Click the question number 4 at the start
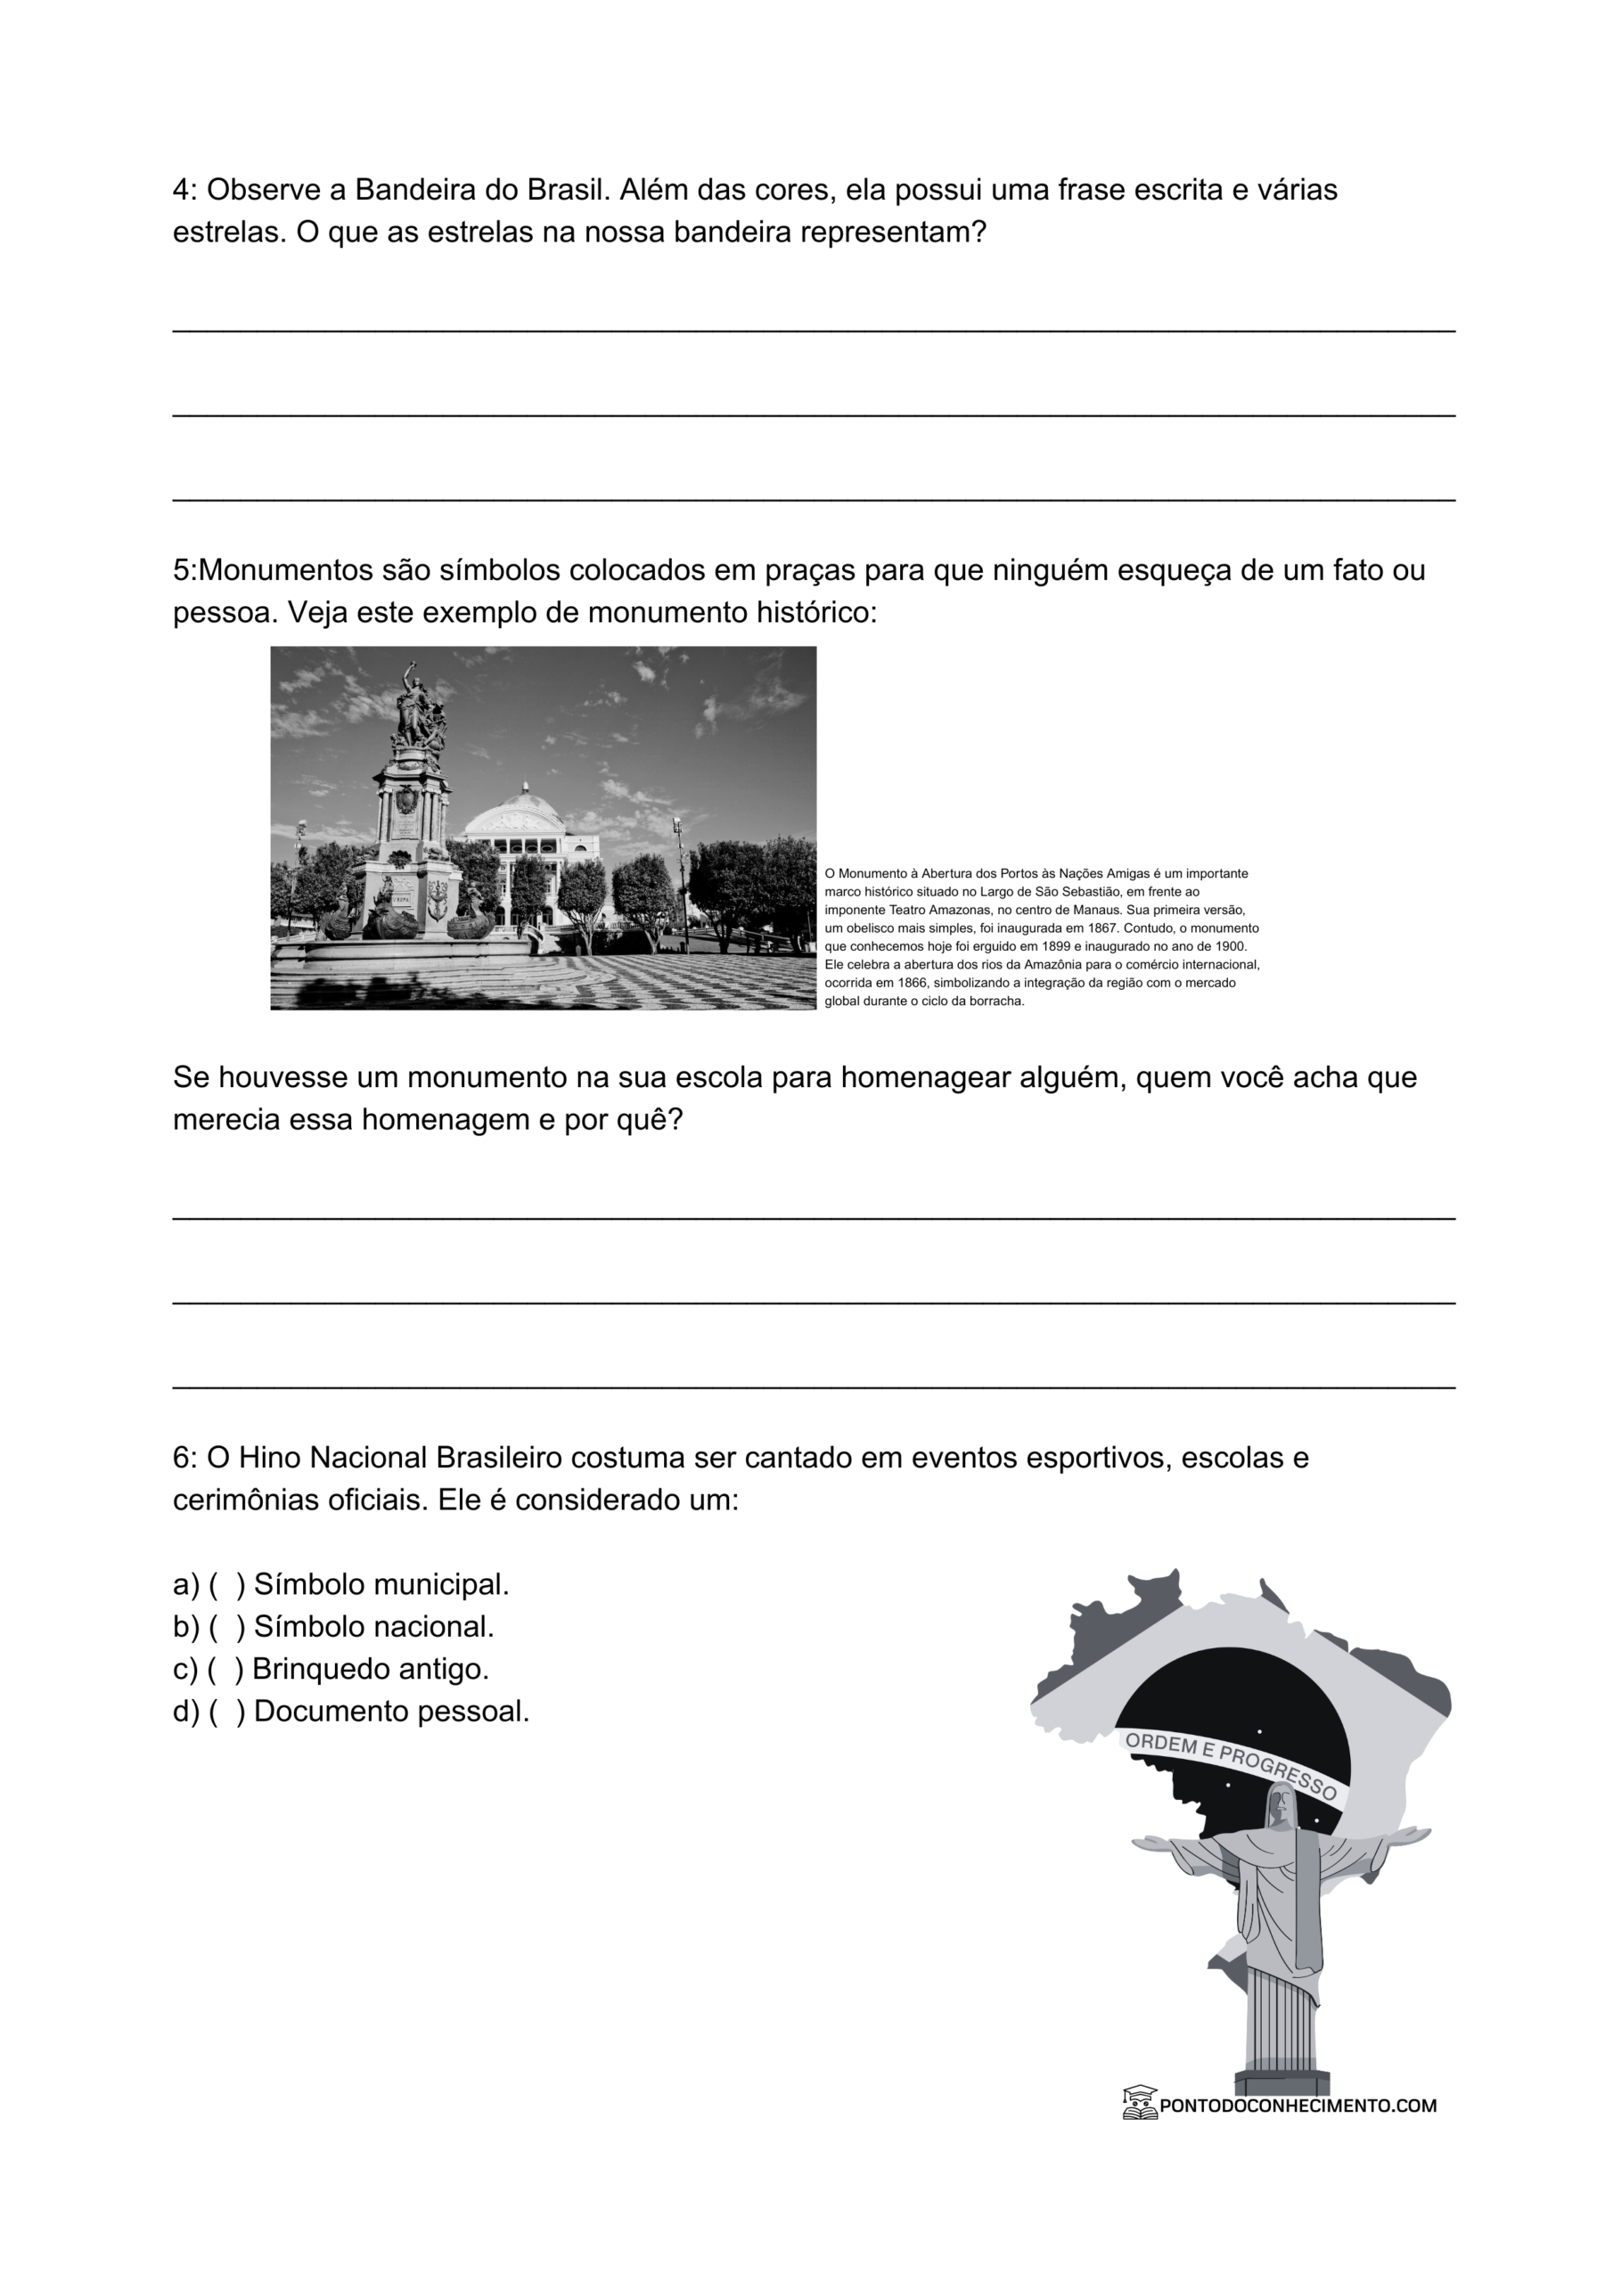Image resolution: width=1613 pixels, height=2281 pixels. click(x=181, y=190)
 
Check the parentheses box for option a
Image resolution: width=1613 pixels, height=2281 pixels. click(x=226, y=1584)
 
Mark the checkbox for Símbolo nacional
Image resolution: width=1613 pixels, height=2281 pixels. click(x=226, y=1627)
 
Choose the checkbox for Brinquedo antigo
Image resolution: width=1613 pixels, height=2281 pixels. click(x=225, y=1669)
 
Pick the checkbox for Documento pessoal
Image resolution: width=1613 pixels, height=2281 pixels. click(x=226, y=1712)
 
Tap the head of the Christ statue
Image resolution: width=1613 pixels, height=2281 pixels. click(x=1282, y=1798)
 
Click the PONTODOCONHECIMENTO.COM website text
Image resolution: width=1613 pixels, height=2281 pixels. click(x=1297, y=2105)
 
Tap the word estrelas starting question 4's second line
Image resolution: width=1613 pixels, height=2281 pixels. click(x=230, y=233)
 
